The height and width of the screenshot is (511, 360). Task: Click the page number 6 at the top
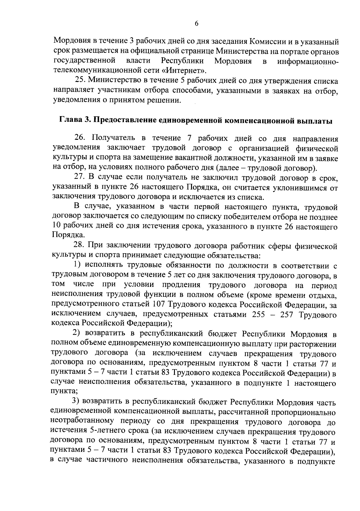[x=196, y=24]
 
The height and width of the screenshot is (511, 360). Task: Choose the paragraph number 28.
[x=79, y=246]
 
